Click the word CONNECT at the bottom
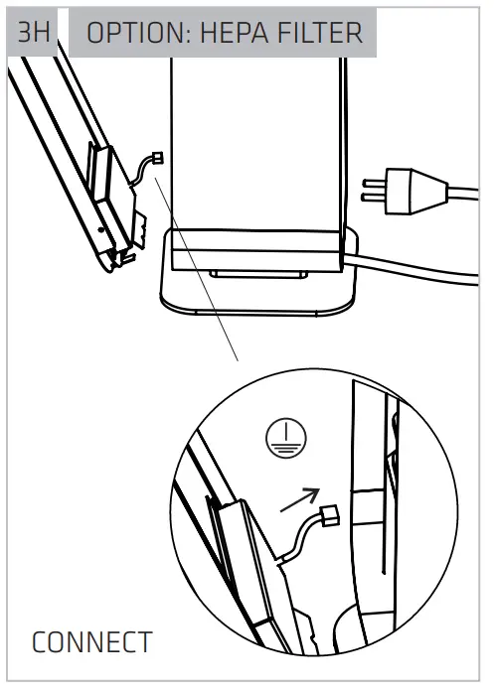(92, 641)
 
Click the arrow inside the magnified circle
(302, 498)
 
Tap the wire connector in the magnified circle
(331, 513)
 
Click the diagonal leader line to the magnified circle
(204, 288)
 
